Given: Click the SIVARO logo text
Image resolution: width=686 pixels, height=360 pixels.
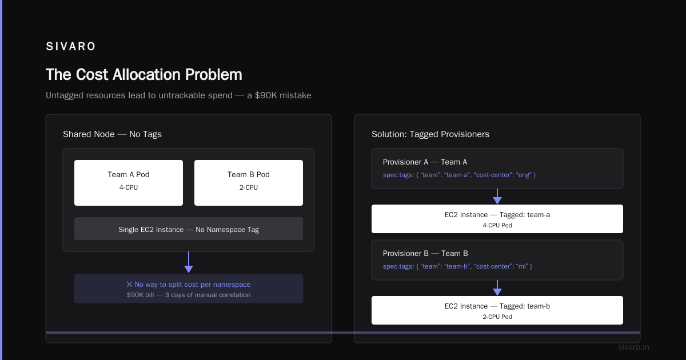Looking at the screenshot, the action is click(70, 46).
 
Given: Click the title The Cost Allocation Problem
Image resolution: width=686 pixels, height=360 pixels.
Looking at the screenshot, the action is click(144, 74).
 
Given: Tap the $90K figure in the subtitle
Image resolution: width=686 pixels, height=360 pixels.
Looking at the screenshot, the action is click(266, 95).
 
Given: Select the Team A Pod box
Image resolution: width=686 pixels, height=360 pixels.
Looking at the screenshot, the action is click(129, 183).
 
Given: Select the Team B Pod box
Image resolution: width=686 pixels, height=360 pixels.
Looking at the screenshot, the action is click(249, 183).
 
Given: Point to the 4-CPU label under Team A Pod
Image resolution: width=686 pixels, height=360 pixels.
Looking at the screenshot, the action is click(129, 187).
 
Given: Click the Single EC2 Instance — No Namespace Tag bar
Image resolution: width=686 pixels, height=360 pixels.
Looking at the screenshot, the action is click(189, 229).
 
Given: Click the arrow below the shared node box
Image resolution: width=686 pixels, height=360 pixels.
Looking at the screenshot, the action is click(189, 262).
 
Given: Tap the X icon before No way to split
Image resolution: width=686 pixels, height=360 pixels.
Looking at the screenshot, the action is click(129, 285).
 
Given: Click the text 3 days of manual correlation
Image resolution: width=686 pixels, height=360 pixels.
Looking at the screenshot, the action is click(208, 295).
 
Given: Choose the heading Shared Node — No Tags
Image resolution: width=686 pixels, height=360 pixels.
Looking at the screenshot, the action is click(112, 134).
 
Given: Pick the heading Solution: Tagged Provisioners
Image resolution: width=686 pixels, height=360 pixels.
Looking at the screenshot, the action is click(430, 134).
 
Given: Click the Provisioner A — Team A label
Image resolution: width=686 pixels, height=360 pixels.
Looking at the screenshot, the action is click(425, 162).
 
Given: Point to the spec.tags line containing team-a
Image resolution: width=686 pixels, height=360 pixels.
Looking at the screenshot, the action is click(460, 175).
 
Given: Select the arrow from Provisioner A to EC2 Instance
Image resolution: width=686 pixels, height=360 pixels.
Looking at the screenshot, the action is click(497, 197).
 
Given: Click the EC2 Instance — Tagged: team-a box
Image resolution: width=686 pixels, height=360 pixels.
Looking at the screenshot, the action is click(497, 219).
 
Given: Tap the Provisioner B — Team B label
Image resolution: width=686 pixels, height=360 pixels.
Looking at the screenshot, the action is click(425, 254).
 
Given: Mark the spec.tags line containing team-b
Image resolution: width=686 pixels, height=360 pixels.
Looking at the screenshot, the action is click(457, 266).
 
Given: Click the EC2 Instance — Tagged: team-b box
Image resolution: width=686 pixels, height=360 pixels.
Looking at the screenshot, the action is click(497, 310).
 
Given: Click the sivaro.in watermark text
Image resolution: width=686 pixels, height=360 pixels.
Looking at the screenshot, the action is click(633, 347).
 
